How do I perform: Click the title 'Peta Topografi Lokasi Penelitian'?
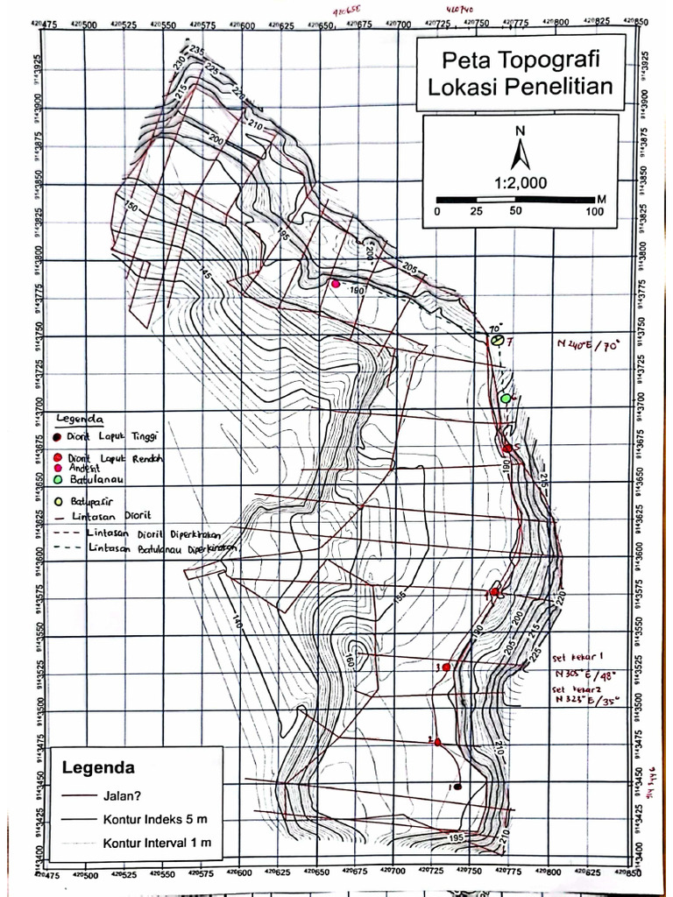pos(521,74)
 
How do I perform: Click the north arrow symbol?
pos(521,155)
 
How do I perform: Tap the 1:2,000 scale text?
pos(521,183)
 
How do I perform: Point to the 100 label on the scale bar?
pos(595,211)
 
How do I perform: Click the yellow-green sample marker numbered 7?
pos(497,339)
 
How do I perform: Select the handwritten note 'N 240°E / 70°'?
pos(587,344)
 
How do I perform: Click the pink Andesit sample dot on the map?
pos(335,284)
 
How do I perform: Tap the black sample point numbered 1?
pos(457,786)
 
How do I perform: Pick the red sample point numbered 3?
pos(446,667)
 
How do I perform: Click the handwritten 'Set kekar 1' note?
pos(579,657)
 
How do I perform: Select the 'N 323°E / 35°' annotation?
pos(585,700)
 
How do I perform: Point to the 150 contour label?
pos(131,207)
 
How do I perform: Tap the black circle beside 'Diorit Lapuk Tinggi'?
pos(58,436)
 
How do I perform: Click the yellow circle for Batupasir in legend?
pos(58,502)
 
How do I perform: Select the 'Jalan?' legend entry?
pos(122,796)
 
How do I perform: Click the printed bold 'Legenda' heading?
pos(98,767)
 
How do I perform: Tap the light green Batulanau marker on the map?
pos(505,399)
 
